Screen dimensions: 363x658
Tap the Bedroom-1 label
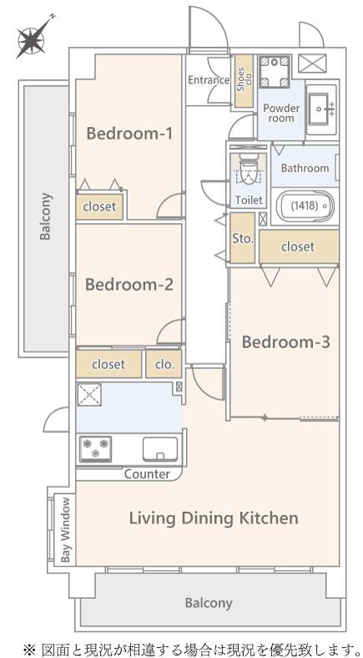point(129,134)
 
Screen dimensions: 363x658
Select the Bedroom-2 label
point(129,285)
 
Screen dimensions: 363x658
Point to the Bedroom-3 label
point(286,342)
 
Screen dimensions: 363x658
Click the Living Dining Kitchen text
point(214,519)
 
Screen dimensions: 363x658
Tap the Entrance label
point(209,79)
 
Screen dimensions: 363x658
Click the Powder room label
point(281,114)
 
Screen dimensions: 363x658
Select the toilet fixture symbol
point(248,172)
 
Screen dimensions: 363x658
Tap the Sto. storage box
point(242,238)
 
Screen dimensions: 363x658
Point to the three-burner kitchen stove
point(96,448)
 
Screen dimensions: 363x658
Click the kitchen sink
point(160,449)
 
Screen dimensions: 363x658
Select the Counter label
point(147,474)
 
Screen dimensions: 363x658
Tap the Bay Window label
point(65,529)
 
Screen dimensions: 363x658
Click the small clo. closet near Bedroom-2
point(164,364)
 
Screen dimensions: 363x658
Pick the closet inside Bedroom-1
point(99,206)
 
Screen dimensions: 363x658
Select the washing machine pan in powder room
point(275,71)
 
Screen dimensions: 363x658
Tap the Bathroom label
point(305,169)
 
